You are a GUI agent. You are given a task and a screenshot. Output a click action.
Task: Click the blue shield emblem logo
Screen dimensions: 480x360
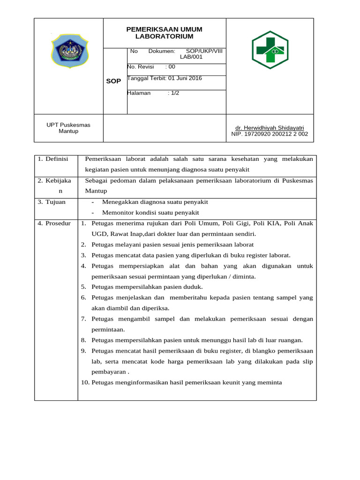coord(68,51)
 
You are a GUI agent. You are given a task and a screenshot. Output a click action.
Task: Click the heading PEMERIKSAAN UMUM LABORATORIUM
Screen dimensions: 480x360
coord(165,33)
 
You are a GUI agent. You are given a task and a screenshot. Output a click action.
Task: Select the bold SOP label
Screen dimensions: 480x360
coord(113,81)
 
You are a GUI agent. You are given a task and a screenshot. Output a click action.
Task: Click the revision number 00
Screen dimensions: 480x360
coord(172,67)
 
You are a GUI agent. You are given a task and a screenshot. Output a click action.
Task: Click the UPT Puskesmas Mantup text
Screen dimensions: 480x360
coord(68,128)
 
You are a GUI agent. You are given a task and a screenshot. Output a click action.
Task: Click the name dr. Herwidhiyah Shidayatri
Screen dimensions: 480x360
coord(270,128)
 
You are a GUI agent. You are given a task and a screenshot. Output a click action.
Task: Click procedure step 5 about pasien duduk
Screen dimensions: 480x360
coord(147,287)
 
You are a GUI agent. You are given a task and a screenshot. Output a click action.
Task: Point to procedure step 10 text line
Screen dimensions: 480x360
coord(186,382)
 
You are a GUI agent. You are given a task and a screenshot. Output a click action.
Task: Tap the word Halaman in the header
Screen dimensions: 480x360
coord(139,93)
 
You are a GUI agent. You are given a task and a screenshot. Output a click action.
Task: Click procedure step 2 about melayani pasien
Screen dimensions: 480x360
coord(172,245)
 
